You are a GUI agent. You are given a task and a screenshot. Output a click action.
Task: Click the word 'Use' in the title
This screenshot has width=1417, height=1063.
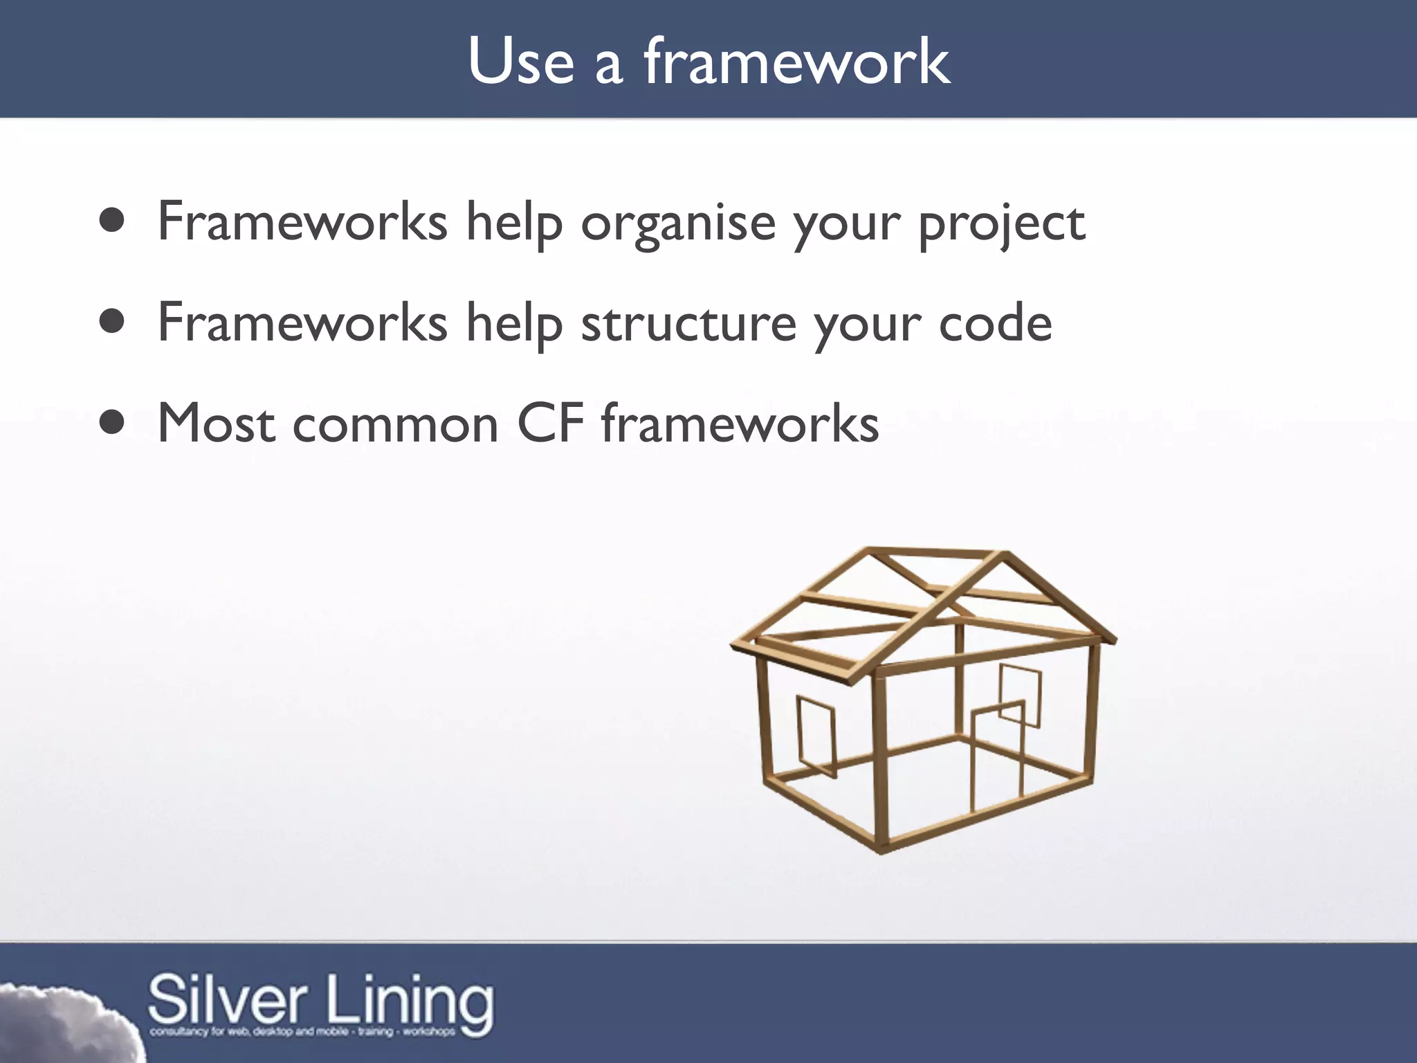520,62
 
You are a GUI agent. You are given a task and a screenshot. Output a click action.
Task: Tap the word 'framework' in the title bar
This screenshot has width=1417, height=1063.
797,62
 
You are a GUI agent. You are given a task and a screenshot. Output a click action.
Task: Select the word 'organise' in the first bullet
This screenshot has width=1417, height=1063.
678,223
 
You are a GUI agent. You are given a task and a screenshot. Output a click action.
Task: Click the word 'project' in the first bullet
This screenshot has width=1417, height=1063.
1002,223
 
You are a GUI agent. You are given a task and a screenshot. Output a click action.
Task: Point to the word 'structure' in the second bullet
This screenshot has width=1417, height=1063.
688,323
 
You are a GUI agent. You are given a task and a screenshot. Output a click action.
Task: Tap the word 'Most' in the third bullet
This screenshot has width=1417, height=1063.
216,423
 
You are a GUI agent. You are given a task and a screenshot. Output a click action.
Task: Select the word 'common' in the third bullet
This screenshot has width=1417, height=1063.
395,424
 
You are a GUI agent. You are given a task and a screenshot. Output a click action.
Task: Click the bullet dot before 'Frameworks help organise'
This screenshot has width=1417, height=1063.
111,221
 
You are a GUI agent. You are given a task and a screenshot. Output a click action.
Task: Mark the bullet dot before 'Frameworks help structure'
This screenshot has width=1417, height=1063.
111,321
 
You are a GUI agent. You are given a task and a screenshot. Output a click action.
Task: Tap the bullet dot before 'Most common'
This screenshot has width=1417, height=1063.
111,421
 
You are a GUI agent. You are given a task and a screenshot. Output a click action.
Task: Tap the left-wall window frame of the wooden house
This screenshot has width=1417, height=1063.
817,738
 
